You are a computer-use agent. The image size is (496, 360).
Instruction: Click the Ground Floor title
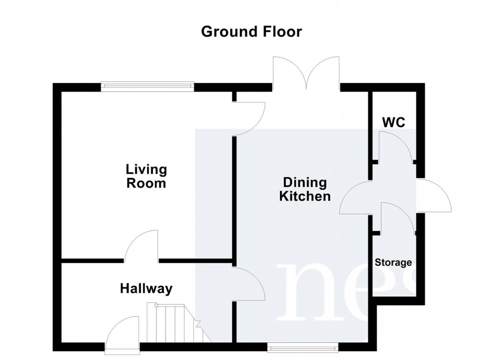pos(252,32)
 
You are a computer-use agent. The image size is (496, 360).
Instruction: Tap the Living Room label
pos(146,176)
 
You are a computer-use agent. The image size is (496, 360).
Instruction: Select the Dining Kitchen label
pos(305,190)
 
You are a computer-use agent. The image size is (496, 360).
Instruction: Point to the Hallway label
pos(146,289)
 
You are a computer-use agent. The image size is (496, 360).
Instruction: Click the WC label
pos(393,122)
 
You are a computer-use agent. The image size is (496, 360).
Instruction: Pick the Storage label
pos(393,263)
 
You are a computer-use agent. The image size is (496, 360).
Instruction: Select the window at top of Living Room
pos(147,86)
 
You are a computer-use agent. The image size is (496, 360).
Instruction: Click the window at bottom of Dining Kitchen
pos(302,347)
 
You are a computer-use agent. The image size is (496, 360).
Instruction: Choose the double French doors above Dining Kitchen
pos(306,73)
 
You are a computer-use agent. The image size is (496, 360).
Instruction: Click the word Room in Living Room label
pos(146,183)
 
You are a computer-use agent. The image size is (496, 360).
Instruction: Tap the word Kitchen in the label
pos(305,197)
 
